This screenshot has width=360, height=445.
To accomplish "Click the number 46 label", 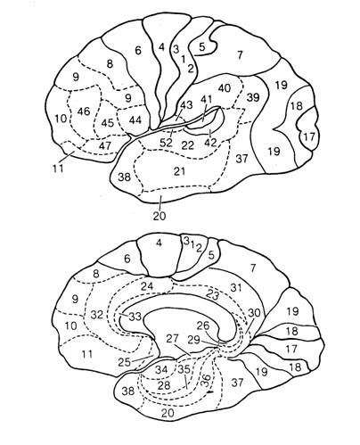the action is tap(84, 111).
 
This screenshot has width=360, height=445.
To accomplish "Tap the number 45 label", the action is tap(107, 122).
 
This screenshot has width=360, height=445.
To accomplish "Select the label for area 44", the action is tap(135, 120).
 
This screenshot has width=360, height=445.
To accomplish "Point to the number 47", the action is tap(105, 145).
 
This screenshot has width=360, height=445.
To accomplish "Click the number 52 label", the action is tap(166, 143).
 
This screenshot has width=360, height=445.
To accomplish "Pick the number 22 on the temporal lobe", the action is tap(188, 145).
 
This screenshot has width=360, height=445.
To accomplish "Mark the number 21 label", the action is tap(179, 171).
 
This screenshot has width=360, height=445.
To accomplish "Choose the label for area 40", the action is tap(225, 88).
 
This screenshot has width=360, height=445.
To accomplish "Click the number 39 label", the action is tap(253, 97).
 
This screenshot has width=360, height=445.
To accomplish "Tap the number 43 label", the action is tap(186, 105).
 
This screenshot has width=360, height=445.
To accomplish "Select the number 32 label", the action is tap(97, 314).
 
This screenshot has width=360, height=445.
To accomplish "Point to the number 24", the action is tap(147, 286).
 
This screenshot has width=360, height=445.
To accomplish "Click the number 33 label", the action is tap(135, 317).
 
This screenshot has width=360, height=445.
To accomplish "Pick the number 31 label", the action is tap(236, 287).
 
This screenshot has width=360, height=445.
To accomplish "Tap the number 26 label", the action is tap(203, 326).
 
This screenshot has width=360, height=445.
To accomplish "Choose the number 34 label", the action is tap(162, 370).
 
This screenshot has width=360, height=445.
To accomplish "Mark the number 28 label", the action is tap(164, 385).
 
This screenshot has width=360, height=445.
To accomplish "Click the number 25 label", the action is tap(125, 362).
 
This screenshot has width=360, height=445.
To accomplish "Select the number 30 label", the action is tap(254, 312).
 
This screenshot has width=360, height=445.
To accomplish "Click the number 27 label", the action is tap(172, 339).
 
